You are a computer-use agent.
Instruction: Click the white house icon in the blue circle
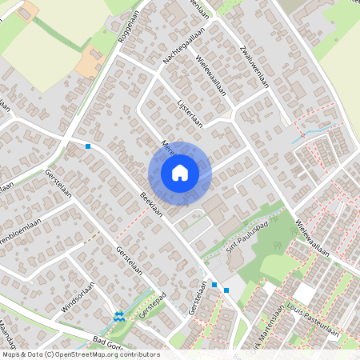pyautogui.click(x=180, y=172)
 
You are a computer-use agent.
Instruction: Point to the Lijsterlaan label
pyautogui.click(x=190, y=108)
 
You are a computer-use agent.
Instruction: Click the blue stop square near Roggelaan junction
pyautogui.click(x=88, y=146)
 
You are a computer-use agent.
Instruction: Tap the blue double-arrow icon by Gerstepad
pyautogui.click(x=119, y=315)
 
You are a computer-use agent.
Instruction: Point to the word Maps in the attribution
pyautogui.click(x=11, y=354)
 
